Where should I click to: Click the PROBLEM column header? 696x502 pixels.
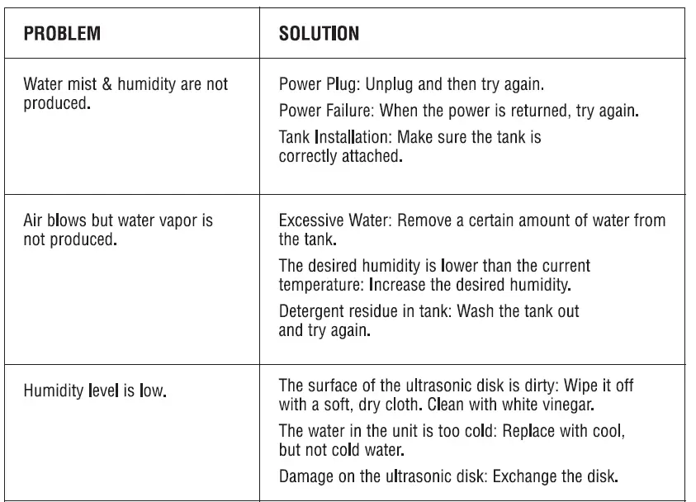pos(62,34)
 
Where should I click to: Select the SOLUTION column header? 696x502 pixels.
pos(319,34)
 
